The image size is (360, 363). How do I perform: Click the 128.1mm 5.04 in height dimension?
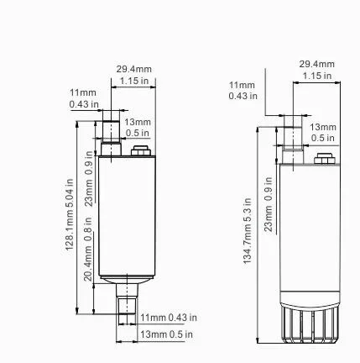click(x=70, y=214)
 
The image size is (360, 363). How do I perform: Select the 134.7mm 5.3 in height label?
click(x=248, y=231)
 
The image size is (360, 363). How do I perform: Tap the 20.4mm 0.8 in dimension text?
click(x=88, y=249)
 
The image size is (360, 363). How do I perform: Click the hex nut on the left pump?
click(x=141, y=150)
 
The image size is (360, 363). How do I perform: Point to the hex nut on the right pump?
click(x=325, y=159)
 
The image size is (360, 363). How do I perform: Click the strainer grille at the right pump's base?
click(x=310, y=324)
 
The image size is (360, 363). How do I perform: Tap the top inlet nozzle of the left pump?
click(x=111, y=138)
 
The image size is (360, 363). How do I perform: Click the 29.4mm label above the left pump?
click(x=134, y=69)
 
